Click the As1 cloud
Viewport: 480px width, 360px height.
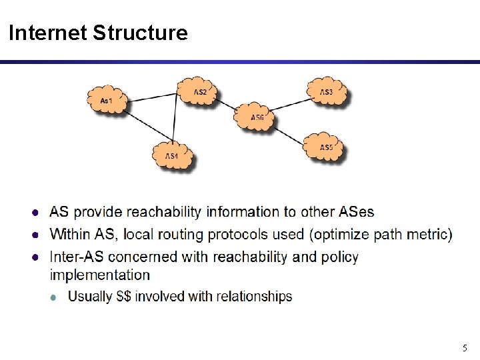(x=107, y=101)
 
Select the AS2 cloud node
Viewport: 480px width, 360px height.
(x=199, y=91)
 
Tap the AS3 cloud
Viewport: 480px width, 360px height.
(x=325, y=91)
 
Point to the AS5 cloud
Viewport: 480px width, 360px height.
(x=325, y=147)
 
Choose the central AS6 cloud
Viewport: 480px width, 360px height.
(x=257, y=117)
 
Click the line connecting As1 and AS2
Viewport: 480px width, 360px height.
(x=152, y=97)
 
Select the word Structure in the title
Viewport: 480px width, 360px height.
(x=140, y=32)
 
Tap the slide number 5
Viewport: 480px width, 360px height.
(x=465, y=348)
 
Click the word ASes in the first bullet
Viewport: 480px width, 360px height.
(x=357, y=212)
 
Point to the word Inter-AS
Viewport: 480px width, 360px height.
(x=77, y=257)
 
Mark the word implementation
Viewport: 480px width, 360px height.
(x=100, y=275)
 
